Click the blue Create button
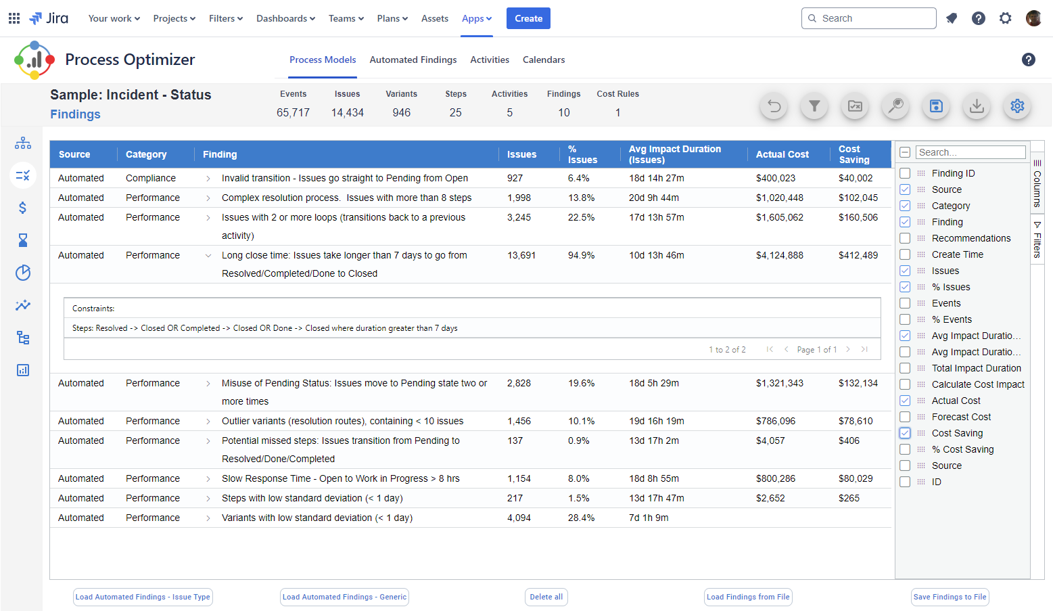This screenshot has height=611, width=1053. tap(528, 18)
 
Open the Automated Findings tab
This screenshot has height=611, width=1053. tap(413, 60)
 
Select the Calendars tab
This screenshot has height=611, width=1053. tap(544, 60)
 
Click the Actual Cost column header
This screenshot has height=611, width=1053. tap(782, 154)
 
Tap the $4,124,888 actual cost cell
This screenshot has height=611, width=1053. tap(779, 255)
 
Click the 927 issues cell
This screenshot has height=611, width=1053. tap(515, 178)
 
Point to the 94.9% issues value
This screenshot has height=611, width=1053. tap(581, 255)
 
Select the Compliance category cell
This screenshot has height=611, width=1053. tap(150, 178)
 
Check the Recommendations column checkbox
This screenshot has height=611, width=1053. tap(905, 238)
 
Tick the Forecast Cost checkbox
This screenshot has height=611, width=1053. tap(905, 417)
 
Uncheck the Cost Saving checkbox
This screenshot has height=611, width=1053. tap(905, 433)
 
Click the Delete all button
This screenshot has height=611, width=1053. tap(546, 597)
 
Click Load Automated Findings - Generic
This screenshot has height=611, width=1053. tap(344, 597)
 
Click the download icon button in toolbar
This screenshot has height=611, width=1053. tap(977, 106)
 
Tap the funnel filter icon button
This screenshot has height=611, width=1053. tap(814, 106)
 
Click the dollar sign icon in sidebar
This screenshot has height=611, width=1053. tap(22, 208)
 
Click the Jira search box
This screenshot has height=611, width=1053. tap(869, 18)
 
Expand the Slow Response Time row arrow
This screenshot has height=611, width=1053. tap(208, 479)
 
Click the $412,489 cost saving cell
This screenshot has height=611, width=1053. tap(858, 255)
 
